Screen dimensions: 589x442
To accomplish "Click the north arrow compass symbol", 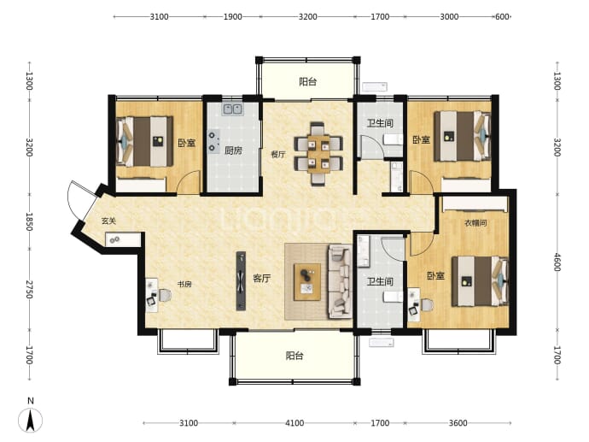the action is click(x=31, y=419).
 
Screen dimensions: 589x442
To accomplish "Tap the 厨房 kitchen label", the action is click(x=233, y=150).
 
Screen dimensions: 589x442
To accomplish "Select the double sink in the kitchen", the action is click(x=233, y=109).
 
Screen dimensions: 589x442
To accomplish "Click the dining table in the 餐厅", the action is click(x=318, y=154).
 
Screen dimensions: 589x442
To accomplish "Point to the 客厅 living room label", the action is click(x=261, y=279).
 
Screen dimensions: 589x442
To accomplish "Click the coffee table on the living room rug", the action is click(x=307, y=282).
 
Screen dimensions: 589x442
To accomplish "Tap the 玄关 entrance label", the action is click(x=108, y=221).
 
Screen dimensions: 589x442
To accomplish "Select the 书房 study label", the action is click(x=184, y=284).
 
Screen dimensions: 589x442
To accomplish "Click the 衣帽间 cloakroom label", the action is click(x=475, y=223).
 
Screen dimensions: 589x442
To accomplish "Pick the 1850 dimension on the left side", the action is click(x=29, y=222).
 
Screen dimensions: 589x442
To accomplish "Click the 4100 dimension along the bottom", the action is click(x=294, y=423).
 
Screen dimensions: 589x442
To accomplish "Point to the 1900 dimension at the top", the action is click(x=232, y=16).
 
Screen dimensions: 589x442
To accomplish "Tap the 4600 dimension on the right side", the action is click(x=557, y=262).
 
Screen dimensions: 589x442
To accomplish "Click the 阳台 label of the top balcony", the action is click(x=307, y=81).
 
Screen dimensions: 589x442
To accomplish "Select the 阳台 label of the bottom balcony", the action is click(x=294, y=356).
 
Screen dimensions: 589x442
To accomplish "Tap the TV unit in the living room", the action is click(x=241, y=281).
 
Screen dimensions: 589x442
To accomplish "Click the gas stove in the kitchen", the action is click(x=213, y=142).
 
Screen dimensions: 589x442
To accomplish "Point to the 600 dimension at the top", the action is click(x=502, y=16).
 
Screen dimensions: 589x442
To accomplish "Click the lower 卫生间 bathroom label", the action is click(x=380, y=282).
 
